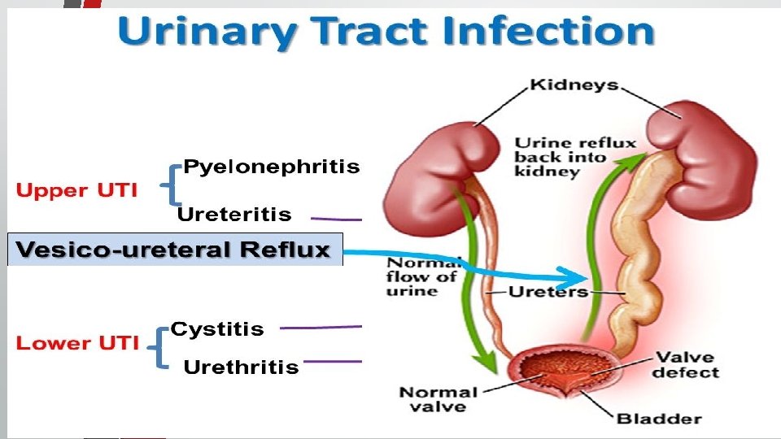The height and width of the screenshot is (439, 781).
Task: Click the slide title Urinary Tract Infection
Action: (x=386, y=33)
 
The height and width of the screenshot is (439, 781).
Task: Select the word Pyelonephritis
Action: (x=271, y=167)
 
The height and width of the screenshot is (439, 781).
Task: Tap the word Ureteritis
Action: (x=234, y=215)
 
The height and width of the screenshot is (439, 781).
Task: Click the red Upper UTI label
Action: (x=76, y=191)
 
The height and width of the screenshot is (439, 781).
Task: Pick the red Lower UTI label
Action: (x=77, y=343)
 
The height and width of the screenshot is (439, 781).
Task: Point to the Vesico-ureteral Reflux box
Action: (x=175, y=250)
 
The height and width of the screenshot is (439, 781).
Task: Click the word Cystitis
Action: (x=217, y=329)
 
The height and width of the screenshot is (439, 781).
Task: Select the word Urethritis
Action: (x=241, y=367)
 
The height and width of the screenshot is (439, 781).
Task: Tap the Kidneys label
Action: (x=574, y=85)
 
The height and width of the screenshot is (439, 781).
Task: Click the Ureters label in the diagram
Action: (x=548, y=291)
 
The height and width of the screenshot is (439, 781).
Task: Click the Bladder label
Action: (x=659, y=419)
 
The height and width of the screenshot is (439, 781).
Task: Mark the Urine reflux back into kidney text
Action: (x=574, y=158)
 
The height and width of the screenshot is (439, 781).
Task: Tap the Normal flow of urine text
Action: (x=421, y=277)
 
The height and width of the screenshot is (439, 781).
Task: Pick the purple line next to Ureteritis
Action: (x=337, y=218)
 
